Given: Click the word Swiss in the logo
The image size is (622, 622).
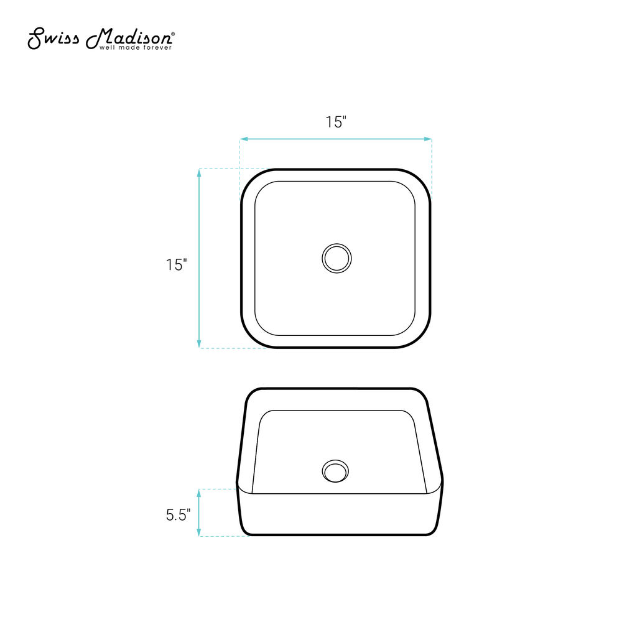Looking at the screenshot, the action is [53, 38].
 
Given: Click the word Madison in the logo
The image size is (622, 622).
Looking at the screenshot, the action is [129, 38].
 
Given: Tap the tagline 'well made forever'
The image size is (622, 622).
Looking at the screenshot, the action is [135, 48].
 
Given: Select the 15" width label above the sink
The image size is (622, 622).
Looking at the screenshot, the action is [336, 122].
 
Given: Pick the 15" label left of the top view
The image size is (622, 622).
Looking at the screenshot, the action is [176, 264].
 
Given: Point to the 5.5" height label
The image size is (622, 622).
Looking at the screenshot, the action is [178, 515].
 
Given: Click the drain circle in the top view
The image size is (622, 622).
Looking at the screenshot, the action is [337, 258].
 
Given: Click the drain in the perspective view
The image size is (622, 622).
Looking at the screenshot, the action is [335, 471].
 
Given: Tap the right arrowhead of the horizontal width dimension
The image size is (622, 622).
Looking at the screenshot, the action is [428, 139].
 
